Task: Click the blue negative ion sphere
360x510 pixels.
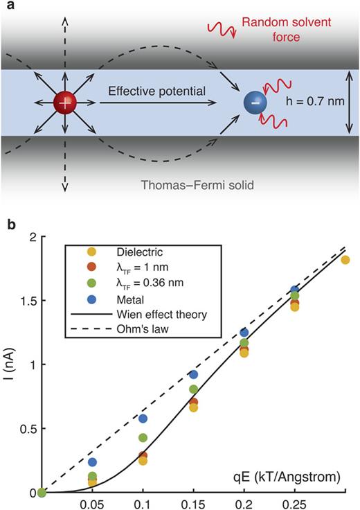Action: click(255, 103)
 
